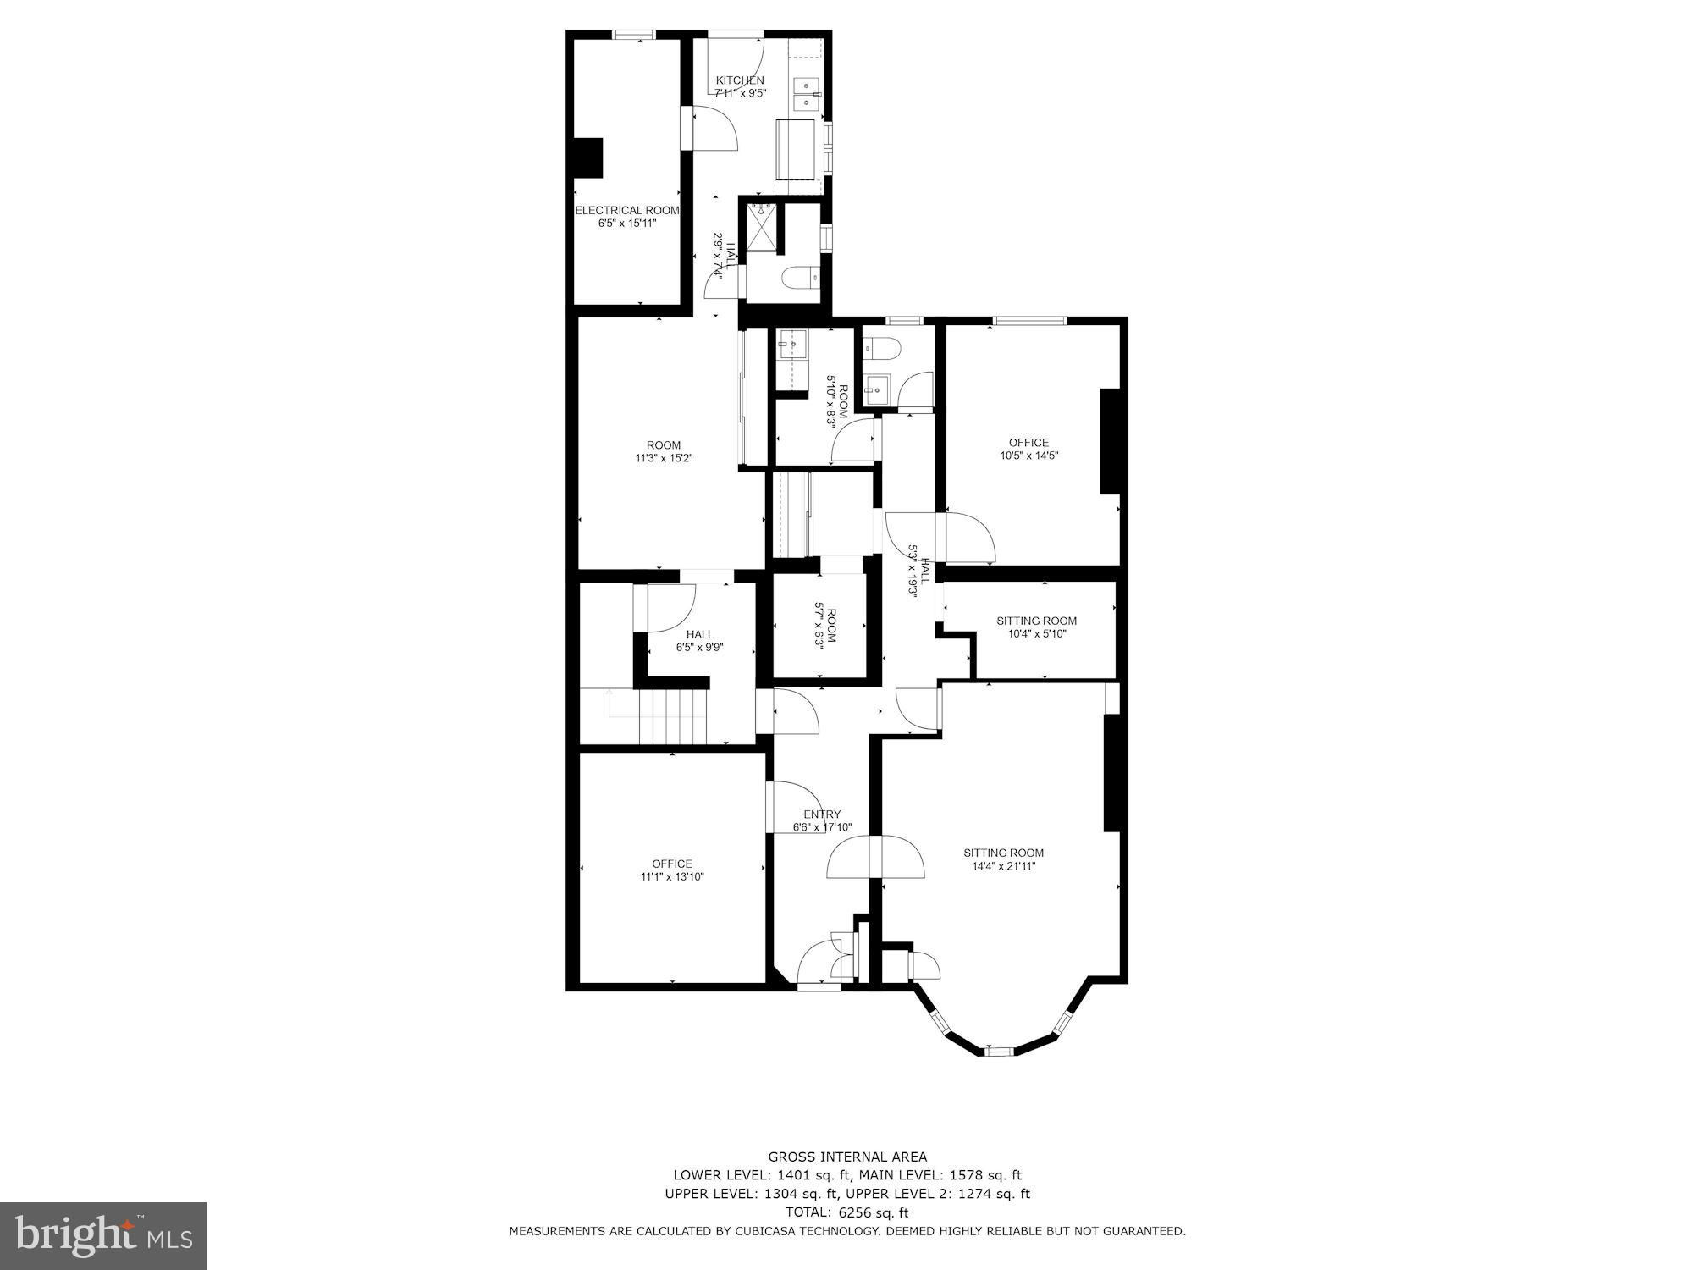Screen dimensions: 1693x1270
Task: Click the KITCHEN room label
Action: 740,80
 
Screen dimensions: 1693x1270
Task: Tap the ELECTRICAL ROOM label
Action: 627,210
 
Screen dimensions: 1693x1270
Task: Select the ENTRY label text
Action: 822,814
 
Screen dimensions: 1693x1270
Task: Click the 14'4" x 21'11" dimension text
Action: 1003,866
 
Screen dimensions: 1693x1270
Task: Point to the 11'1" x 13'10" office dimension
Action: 672,877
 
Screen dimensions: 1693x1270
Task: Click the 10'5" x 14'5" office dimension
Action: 1028,456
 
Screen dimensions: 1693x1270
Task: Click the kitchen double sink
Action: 805,94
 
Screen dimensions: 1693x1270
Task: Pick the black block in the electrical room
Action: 589,158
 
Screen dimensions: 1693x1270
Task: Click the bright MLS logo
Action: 103,1235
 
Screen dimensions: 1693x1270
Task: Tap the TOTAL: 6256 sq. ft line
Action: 847,1212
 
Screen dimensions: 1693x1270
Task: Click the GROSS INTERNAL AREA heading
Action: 847,1157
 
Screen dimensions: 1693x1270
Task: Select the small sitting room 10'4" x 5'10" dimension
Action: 1036,633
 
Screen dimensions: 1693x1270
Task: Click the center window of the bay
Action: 999,1051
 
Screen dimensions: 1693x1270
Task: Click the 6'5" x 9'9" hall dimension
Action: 699,648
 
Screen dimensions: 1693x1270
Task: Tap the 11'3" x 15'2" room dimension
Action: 664,458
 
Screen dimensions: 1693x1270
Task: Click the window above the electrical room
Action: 635,35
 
